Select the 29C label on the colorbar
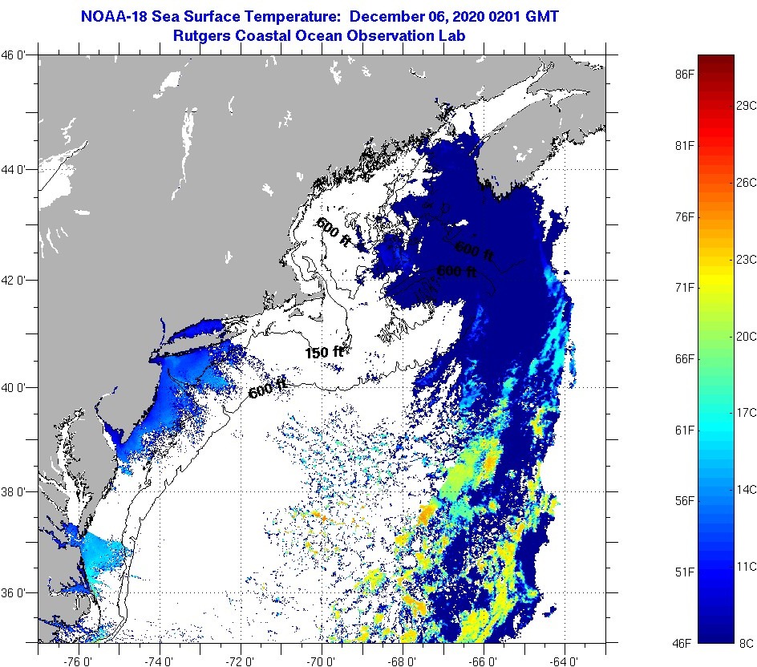click(746, 106)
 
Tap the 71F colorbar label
click(685, 287)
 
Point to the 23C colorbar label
click(746, 259)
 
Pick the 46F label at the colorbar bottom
click(685, 643)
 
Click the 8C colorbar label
click(745, 643)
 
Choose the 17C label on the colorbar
click(746, 412)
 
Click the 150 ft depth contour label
click(324, 353)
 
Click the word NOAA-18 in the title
click(115, 16)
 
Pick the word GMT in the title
click(540, 16)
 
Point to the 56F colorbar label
click(685, 501)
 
